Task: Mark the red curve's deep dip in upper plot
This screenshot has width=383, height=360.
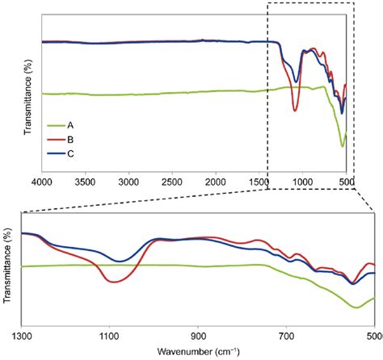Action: coord(295,111)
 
